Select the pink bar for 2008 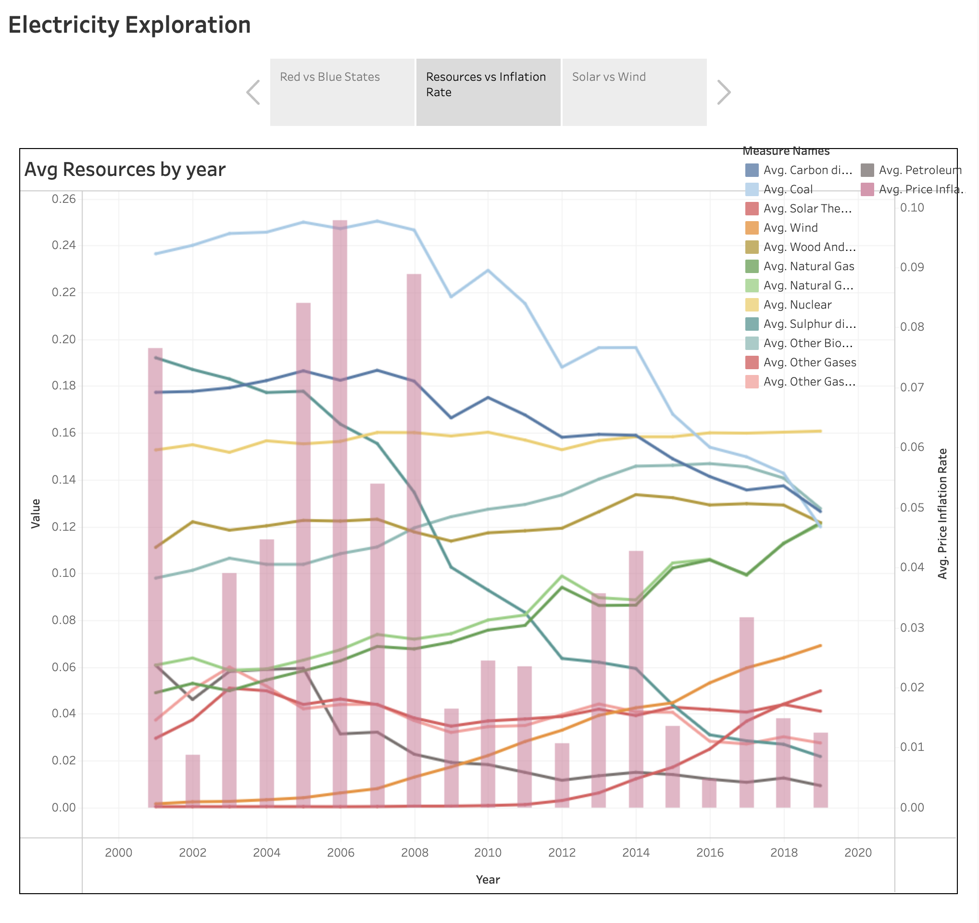click(414, 541)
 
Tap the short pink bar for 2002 click(192, 783)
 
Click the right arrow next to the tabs click(723, 92)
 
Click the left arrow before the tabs click(253, 92)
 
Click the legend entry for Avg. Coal click(788, 189)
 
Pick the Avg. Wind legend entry click(791, 228)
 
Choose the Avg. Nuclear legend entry click(797, 305)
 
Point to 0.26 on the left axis click(64, 199)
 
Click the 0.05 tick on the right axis click(912, 508)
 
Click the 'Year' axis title click(488, 880)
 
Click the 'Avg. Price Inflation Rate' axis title click(942, 513)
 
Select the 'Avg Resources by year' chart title click(125, 169)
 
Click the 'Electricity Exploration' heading click(129, 25)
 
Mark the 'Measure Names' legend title click(786, 151)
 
